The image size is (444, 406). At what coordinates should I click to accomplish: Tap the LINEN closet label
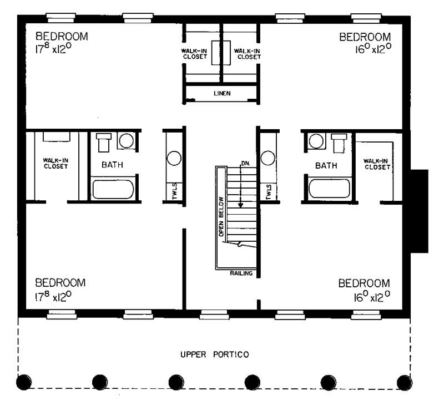(222, 93)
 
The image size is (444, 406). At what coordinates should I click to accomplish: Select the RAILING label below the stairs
(241, 273)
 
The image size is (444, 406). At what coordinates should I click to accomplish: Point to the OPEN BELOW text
(221, 216)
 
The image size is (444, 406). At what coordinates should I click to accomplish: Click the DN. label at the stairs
(244, 164)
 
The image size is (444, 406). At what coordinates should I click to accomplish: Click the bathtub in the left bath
(113, 189)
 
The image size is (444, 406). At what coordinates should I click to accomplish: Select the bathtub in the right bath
(330, 189)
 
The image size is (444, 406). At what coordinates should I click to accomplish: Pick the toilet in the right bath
(338, 142)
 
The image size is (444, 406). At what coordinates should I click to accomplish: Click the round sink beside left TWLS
(174, 158)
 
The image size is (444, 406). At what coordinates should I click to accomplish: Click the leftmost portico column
(23, 382)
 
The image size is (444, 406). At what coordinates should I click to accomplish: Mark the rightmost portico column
(405, 382)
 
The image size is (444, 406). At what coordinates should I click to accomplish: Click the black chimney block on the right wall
(419, 211)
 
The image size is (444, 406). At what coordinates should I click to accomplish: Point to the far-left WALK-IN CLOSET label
(56, 164)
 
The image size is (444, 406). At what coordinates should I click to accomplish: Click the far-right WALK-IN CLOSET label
(376, 164)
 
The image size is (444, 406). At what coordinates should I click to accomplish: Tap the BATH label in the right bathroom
(326, 165)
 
